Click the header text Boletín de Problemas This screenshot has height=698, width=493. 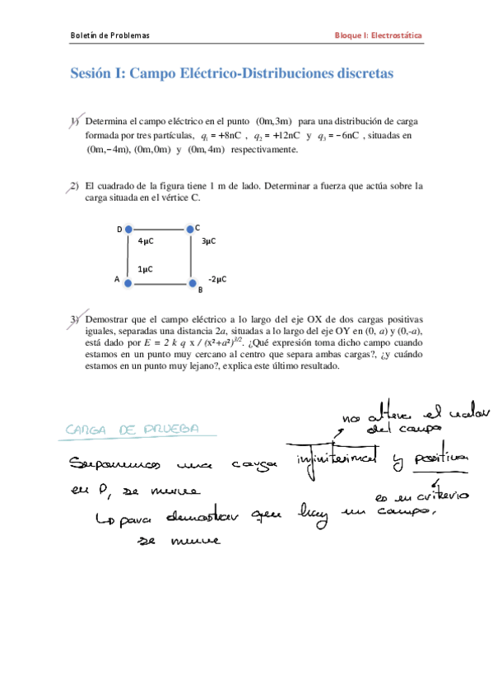pyautogui.click(x=109, y=35)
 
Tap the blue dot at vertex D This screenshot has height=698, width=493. pyautogui.click(x=128, y=229)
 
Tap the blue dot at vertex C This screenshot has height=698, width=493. pyautogui.click(x=190, y=228)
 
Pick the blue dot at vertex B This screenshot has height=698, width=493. pyautogui.click(x=191, y=282)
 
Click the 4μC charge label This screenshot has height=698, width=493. pyautogui.click(x=146, y=241)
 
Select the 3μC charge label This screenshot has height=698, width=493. pyautogui.click(x=208, y=241)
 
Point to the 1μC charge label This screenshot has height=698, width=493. pyautogui.click(x=146, y=268)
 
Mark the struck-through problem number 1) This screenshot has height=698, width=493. pyautogui.click(x=74, y=121)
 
